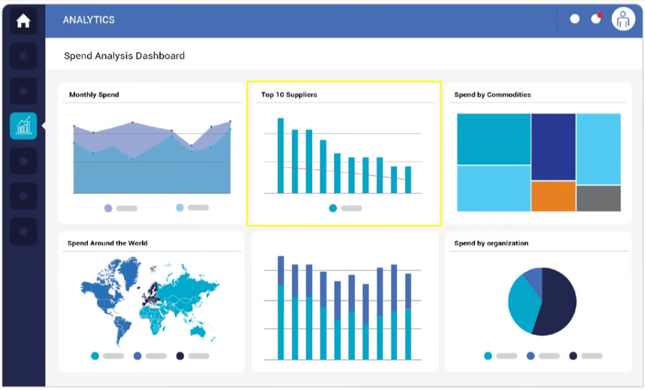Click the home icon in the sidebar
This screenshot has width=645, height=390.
23,22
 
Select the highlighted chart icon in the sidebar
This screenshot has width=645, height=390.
23,126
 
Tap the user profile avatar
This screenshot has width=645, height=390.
623,20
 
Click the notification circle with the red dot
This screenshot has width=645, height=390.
596,19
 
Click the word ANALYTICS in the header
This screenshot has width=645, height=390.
88,20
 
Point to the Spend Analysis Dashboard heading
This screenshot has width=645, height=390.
124,56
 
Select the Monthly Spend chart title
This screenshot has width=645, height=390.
94,95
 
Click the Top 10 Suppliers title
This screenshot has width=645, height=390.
289,95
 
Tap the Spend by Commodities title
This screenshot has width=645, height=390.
492,95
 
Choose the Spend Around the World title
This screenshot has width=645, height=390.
107,243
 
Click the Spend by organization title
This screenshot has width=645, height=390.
491,243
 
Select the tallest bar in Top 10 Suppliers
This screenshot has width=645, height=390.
281,155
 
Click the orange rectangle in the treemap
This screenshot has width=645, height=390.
553,196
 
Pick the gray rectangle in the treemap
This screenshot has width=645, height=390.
598,198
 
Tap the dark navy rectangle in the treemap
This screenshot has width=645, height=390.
553,147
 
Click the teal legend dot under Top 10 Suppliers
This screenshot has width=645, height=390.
333,208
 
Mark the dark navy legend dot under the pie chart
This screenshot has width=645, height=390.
573,356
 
